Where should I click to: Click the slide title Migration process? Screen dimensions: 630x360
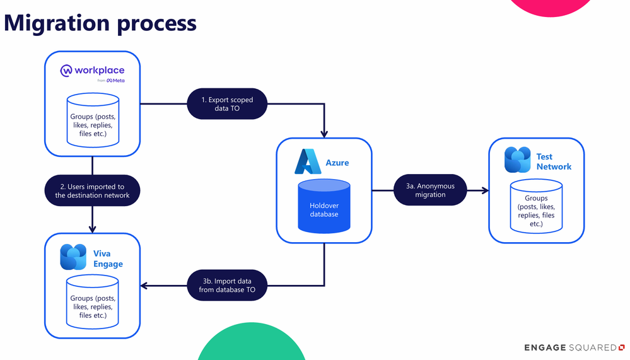tap(100, 23)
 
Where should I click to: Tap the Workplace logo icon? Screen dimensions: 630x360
tap(66, 71)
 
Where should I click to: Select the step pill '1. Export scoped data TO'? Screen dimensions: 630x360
tap(227, 103)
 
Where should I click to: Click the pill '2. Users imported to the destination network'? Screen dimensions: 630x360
tap(93, 190)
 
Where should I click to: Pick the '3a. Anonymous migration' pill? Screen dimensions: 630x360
tap(430, 190)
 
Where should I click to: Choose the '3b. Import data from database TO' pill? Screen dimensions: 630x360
tap(227, 285)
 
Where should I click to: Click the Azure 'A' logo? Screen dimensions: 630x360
tap(308, 161)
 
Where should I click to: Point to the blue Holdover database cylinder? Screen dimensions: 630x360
tap(324, 206)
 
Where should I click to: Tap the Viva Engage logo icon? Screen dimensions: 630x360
tap(73, 257)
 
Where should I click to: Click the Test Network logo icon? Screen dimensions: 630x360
tap(518, 160)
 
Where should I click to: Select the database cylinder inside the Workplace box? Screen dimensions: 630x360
tap(93, 120)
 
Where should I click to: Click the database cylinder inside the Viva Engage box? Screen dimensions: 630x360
tap(93, 302)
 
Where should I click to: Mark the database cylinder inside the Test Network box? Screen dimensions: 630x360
tap(537, 206)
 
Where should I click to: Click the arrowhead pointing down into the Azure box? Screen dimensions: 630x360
tap(324, 134)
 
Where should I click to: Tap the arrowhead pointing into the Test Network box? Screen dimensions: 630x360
tap(484, 190)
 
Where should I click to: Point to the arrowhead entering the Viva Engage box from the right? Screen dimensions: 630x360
tap(144, 286)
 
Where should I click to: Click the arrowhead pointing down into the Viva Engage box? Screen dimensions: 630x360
tap(93, 229)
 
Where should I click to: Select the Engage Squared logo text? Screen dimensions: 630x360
tap(574, 347)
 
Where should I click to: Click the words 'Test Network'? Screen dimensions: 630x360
tap(554, 161)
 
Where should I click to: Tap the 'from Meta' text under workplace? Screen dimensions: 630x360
tap(111, 80)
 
